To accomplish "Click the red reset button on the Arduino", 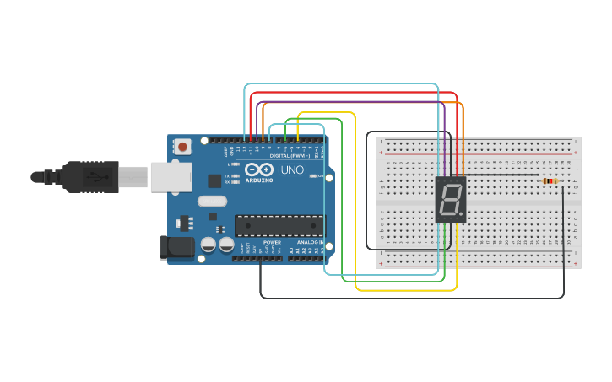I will click(182, 148).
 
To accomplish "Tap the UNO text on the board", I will click(291, 169).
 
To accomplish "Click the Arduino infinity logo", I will click(259, 169).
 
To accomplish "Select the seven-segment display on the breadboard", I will click(450, 200).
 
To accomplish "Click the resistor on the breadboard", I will click(550, 180).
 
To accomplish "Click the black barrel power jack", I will click(175, 246).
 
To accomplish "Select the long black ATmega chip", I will click(279, 226).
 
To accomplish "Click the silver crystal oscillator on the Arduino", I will click(212, 202).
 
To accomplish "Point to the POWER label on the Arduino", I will click(272, 242).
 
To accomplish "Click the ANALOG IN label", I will click(309, 242).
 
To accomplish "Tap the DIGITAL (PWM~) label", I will click(288, 156).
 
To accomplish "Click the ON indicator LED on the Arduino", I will click(315, 176).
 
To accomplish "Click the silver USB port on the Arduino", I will click(171, 177).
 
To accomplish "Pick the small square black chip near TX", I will click(214, 180).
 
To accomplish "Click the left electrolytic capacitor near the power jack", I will click(208, 245).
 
